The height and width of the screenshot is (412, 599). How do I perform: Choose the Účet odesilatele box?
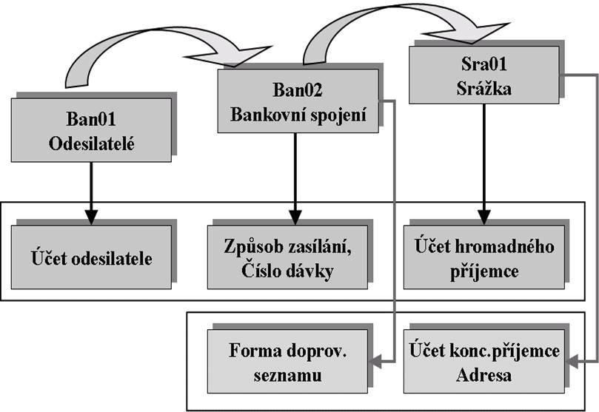91,260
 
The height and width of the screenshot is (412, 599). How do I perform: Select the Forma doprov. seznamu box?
290,363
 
